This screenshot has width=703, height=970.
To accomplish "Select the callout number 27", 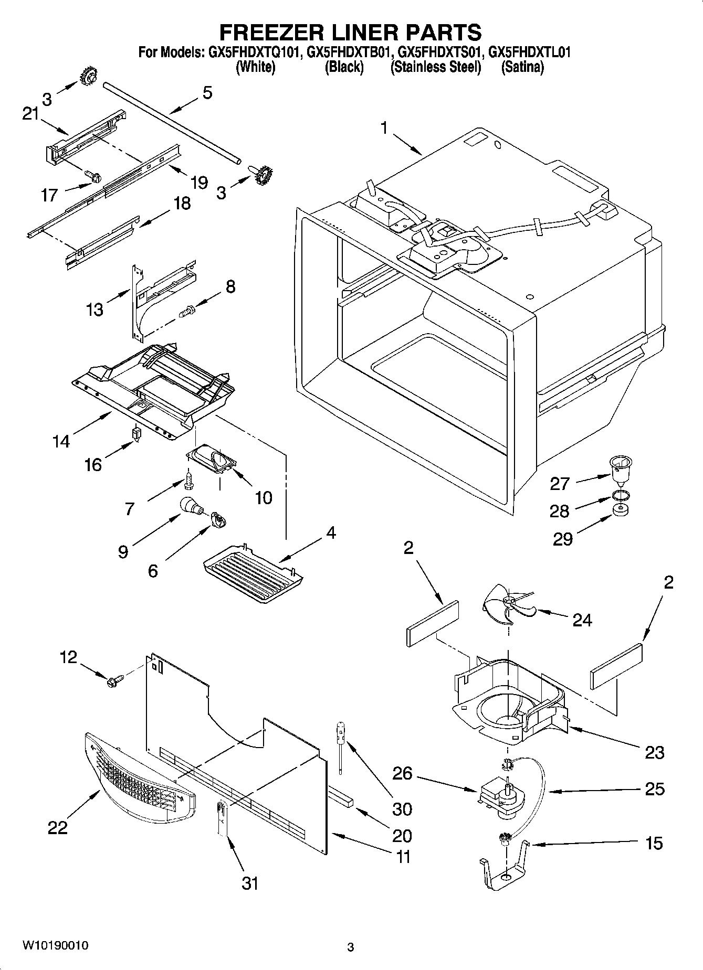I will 560,483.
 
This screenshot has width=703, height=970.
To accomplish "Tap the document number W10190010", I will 55,946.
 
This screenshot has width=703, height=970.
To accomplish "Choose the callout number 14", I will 61,441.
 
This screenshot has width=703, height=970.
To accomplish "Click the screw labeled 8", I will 187,311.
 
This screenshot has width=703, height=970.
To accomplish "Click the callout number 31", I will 250,883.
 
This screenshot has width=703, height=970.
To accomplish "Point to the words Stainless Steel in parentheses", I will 435,67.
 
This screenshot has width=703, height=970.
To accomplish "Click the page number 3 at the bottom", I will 351,947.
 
